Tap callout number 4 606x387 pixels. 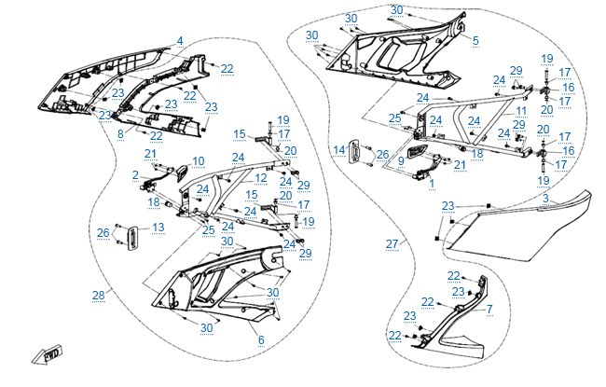click(x=180, y=41)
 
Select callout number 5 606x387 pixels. click(x=475, y=40)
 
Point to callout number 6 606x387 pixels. click(x=261, y=339)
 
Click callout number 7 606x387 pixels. click(x=489, y=310)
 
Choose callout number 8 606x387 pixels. click(x=120, y=134)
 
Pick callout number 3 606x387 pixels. click(x=545, y=199)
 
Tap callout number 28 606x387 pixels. click(x=99, y=296)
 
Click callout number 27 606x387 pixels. click(x=392, y=244)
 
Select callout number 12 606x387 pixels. click(x=261, y=178)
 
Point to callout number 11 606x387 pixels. click(x=521, y=111)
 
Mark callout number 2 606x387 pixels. click(x=135, y=175)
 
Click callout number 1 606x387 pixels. click(x=432, y=184)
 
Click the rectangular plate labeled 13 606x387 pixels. click(x=133, y=239)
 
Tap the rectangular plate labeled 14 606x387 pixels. click(x=355, y=152)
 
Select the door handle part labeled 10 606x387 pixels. click(x=182, y=173)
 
